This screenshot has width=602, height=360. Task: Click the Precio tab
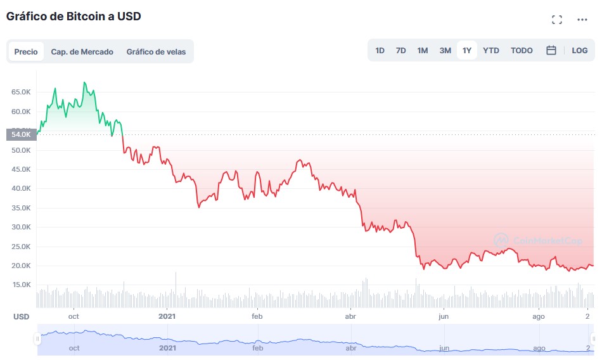(x=26, y=52)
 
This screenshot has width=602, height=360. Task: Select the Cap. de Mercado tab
(x=82, y=52)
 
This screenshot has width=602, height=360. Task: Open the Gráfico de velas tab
(x=156, y=52)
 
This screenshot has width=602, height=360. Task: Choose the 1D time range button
(x=380, y=51)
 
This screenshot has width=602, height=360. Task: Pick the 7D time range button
(x=400, y=51)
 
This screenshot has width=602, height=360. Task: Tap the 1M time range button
(x=423, y=51)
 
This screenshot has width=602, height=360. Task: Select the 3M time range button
(x=445, y=51)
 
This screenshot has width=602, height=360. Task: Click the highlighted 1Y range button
(x=467, y=51)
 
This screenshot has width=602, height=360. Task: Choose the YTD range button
(x=491, y=51)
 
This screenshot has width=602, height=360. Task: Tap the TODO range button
(x=522, y=51)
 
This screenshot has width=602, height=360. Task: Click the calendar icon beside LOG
(x=551, y=51)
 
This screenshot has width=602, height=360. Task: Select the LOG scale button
(x=580, y=51)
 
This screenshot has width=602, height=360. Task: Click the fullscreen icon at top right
(x=557, y=20)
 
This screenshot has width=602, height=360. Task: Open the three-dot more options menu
(x=582, y=20)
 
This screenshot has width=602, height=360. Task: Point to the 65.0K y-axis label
(x=21, y=93)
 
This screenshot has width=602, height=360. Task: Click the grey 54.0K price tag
(x=20, y=134)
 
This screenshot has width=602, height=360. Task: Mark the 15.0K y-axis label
(x=21, y=285)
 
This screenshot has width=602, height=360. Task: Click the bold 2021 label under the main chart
(x=167, y=316)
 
